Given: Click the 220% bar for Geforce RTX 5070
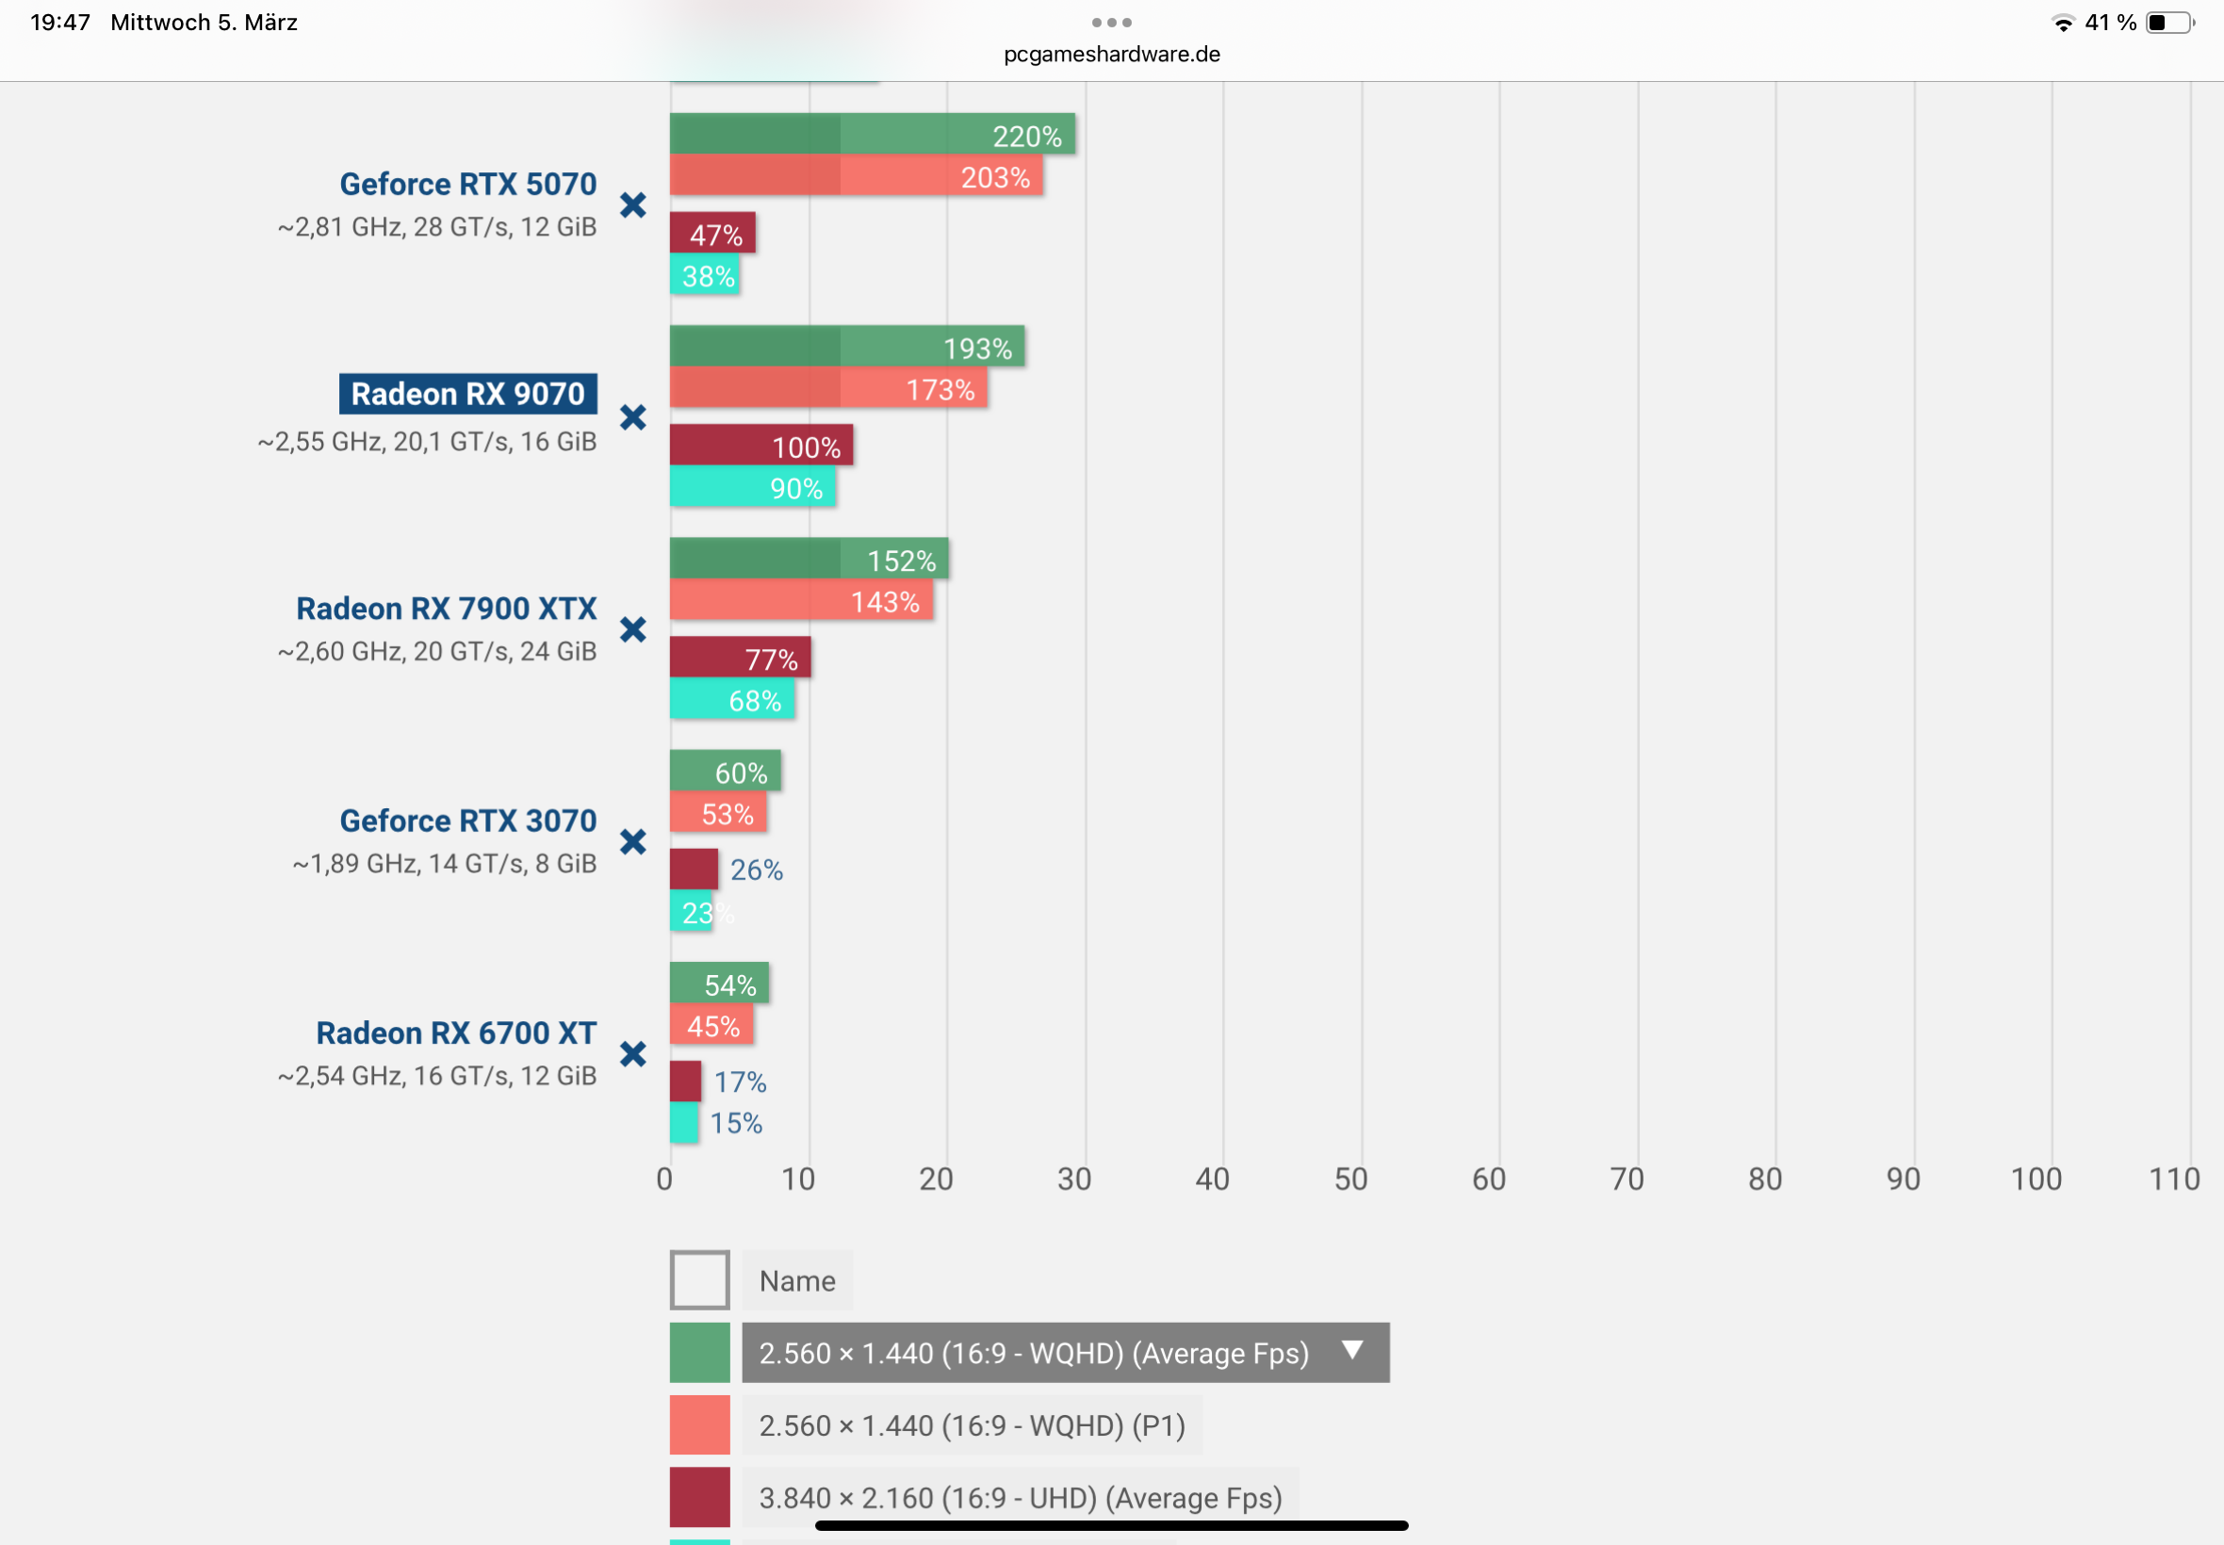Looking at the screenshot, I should (872, 135).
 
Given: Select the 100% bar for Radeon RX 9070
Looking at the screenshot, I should (761, 446).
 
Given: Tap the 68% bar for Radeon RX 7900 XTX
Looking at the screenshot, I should (732, 699).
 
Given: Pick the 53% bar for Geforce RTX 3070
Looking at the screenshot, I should (717, 812).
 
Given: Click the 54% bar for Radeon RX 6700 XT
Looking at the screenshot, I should (718, 984).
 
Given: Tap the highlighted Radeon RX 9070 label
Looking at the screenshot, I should (467, 394).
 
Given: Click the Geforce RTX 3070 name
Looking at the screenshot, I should (467, 820).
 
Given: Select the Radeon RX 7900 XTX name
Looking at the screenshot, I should (447, 608).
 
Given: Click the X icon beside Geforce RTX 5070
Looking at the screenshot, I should (633, 205).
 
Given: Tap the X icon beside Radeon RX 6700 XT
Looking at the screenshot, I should (633, 1053).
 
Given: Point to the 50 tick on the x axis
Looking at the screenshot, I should (1350, 1179).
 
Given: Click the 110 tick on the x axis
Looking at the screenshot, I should (2174, 1179).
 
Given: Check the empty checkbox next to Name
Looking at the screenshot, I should (699, 1279).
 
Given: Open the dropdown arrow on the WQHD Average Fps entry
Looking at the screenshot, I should (1352, 1349).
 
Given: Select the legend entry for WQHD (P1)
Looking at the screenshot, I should (972, 1425).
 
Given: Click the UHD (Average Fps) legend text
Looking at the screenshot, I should (1020, 1497).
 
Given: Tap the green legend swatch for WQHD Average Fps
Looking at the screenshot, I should (699, 1353).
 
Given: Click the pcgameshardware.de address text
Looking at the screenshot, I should (1111, 55).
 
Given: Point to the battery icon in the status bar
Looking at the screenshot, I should (2168, 23).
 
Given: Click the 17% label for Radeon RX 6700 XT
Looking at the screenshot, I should (740, 1081).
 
